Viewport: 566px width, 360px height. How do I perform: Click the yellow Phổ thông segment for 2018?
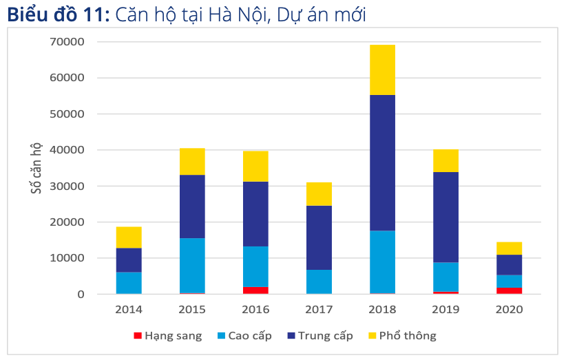tap(382, 70)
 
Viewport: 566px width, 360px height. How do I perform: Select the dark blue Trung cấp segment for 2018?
tap(382, 162)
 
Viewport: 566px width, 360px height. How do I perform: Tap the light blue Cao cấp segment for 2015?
tap(192, 265)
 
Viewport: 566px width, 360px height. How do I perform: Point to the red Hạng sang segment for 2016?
tap(255, 290)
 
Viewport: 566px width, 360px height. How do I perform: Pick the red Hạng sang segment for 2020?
tap(509, 290)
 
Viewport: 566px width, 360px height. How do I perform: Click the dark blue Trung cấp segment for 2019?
tap(446, 217)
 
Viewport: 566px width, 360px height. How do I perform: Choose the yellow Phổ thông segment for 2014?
tap(129, 237)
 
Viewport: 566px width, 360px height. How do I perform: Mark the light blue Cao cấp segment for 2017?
tap(319, 282)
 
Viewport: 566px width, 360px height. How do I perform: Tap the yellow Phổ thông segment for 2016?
tap(255, 167)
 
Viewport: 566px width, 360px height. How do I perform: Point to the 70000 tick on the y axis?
tap(67, 42)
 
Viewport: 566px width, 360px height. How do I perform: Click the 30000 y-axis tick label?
tap(67, 187)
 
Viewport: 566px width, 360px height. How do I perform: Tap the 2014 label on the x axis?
tap(129, 310)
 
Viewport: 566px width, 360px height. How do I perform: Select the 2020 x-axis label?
tap(509, 310)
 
